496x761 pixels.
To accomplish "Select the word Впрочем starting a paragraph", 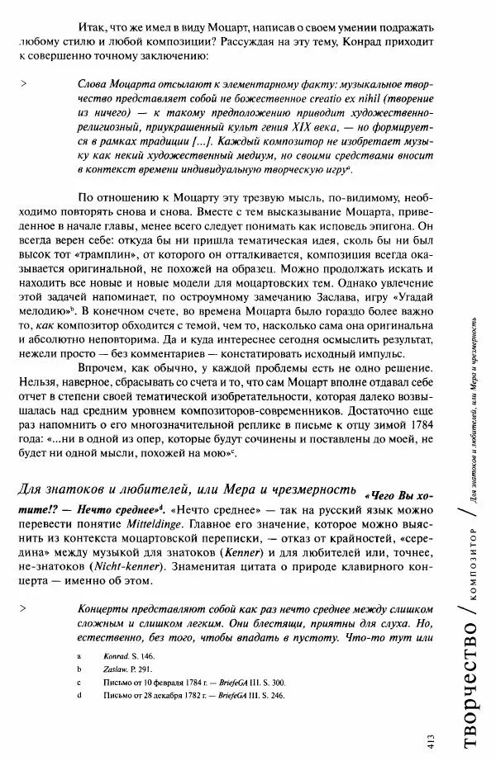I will point(103,365).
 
